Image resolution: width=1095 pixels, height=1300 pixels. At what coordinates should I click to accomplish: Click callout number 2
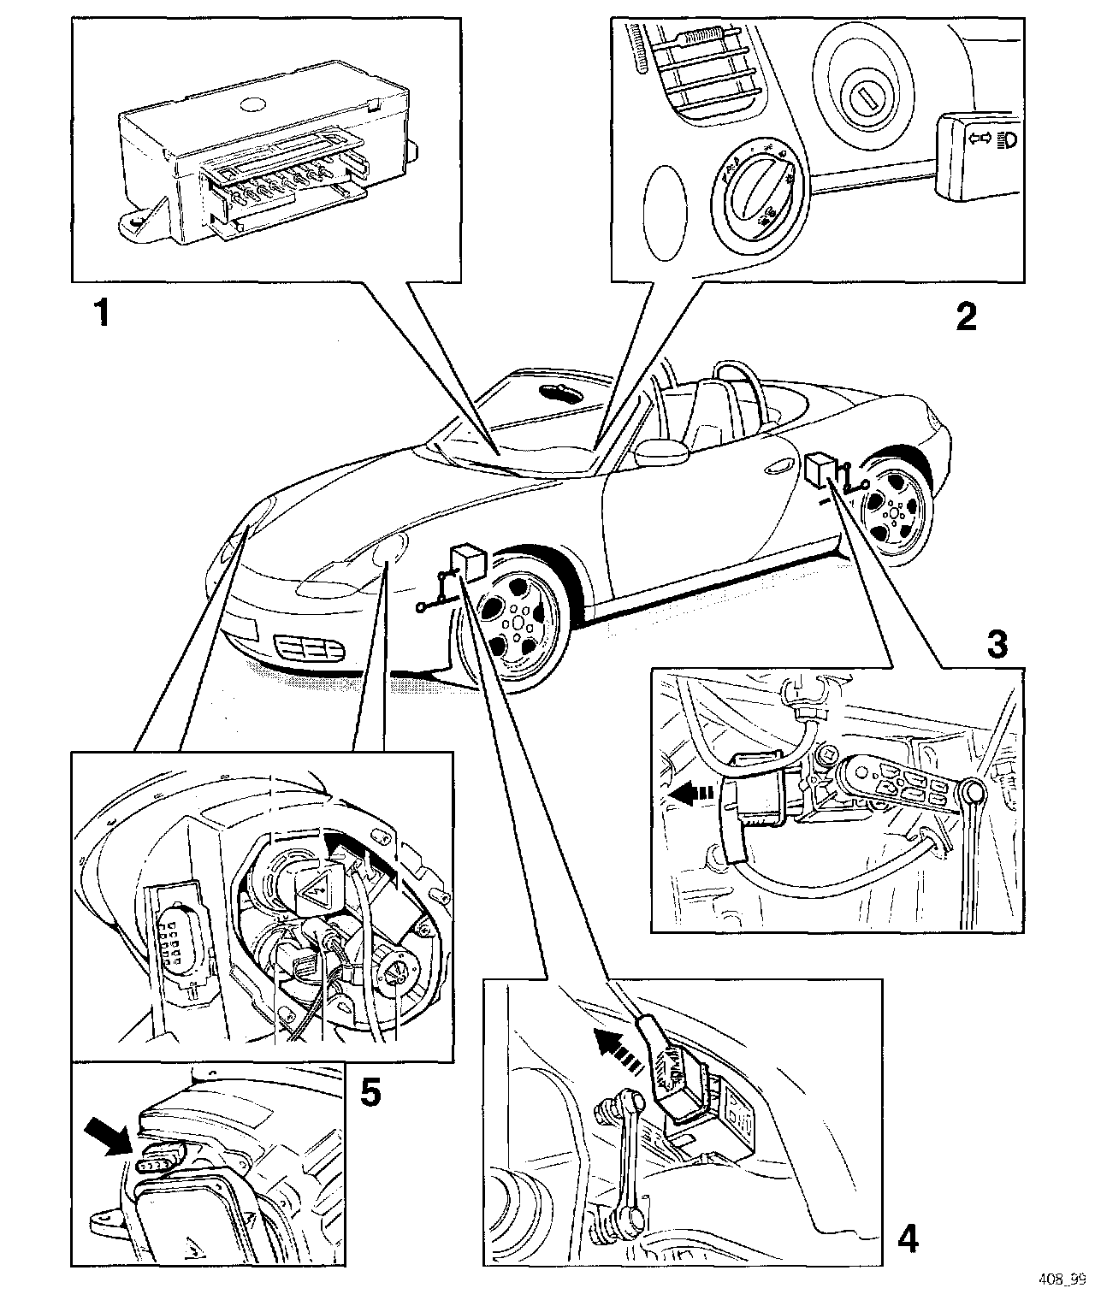[965, 317]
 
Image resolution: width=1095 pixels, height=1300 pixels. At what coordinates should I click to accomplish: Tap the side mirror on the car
[661, 452]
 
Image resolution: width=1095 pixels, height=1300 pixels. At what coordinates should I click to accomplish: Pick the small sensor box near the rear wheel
[821, 468]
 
